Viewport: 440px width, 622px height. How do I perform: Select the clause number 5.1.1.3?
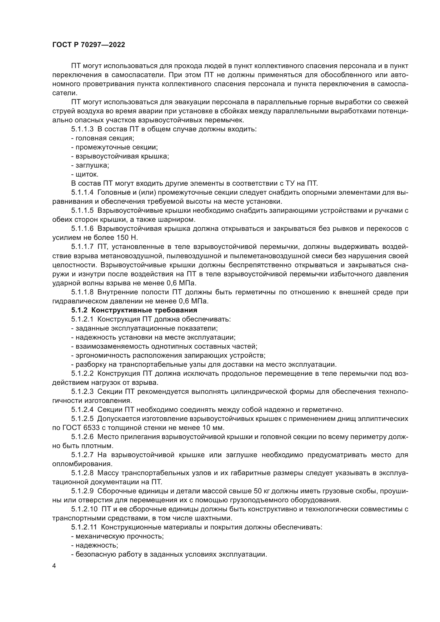pyautogui.click(x=82, y=129)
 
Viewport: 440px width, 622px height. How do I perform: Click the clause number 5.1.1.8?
pyautogui.click(x=82, y=292)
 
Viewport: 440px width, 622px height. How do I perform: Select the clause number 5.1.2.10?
pyautogui.click(x=84, y=509)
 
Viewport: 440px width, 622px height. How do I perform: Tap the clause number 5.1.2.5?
pyautogui.click(x=82, y=419)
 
